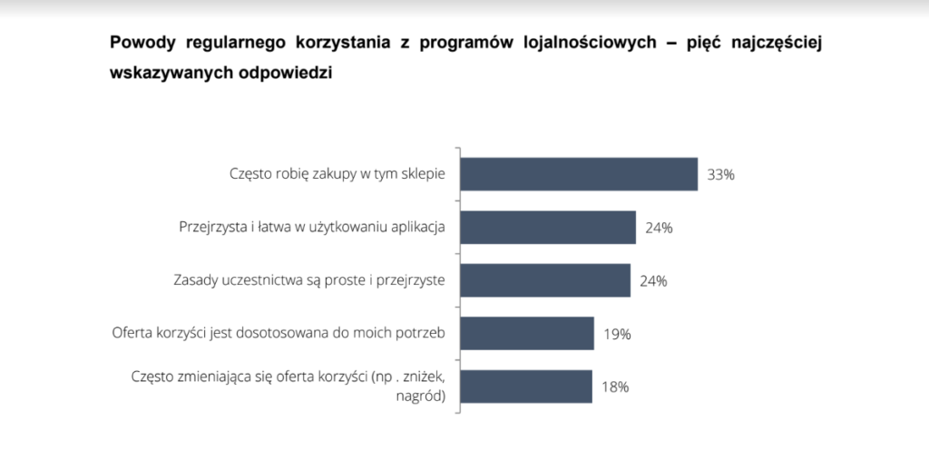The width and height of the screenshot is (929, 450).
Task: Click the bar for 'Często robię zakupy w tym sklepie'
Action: [579, 174]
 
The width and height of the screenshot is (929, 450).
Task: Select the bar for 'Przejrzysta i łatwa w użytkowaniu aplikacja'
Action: [548, 227]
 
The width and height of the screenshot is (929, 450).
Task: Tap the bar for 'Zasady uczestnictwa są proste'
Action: [545, 280]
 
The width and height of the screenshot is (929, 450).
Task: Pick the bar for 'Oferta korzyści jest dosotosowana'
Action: [527, 333]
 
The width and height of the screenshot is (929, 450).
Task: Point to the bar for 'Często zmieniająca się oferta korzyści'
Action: [526, 386]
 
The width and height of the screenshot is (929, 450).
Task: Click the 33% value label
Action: [721, 175]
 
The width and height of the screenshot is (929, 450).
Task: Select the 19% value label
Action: [617, 334]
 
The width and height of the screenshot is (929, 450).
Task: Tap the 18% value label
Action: [615, 387]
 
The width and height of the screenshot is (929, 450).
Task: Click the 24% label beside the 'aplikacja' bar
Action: [659, 228]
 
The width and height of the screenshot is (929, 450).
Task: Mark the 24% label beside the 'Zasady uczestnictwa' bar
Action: [653, 281]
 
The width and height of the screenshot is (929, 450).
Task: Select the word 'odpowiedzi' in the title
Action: [289, 73]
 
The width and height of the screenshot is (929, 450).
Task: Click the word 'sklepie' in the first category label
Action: [423, 173]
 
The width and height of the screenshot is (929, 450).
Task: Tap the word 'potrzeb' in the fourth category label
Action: [421, 333]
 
